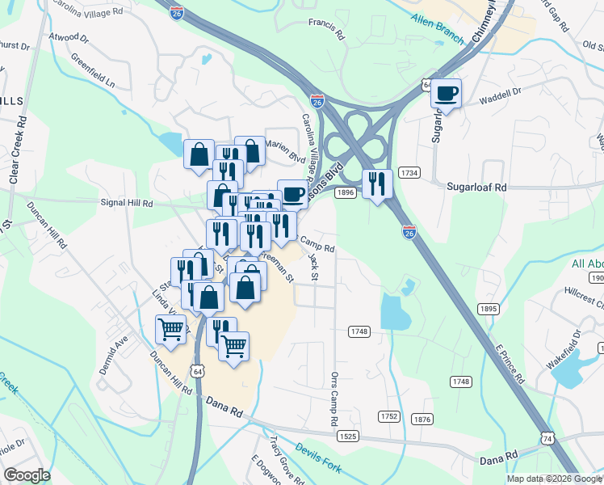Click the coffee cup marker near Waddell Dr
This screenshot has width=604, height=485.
click(x=447, y=94)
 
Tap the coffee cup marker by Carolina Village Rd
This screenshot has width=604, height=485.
click(x=292, y=194)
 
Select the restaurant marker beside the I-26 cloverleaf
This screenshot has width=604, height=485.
click(x=377, y=184)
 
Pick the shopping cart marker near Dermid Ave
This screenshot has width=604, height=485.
click(x=170, y=329)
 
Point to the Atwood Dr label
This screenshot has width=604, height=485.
click(x=68, y=37)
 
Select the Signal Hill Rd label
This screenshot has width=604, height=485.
click(x=126, y=204)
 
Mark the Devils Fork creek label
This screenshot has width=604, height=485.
click(x=318, y=458)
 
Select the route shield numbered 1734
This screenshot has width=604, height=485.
click(x=410, y=173)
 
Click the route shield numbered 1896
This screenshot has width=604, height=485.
click(x=346, y=192)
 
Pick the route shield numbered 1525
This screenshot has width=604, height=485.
click(x=347, y=436)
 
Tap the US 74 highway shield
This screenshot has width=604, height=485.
click(x=548, y=437)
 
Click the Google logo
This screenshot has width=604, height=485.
click(x=27, y=475)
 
